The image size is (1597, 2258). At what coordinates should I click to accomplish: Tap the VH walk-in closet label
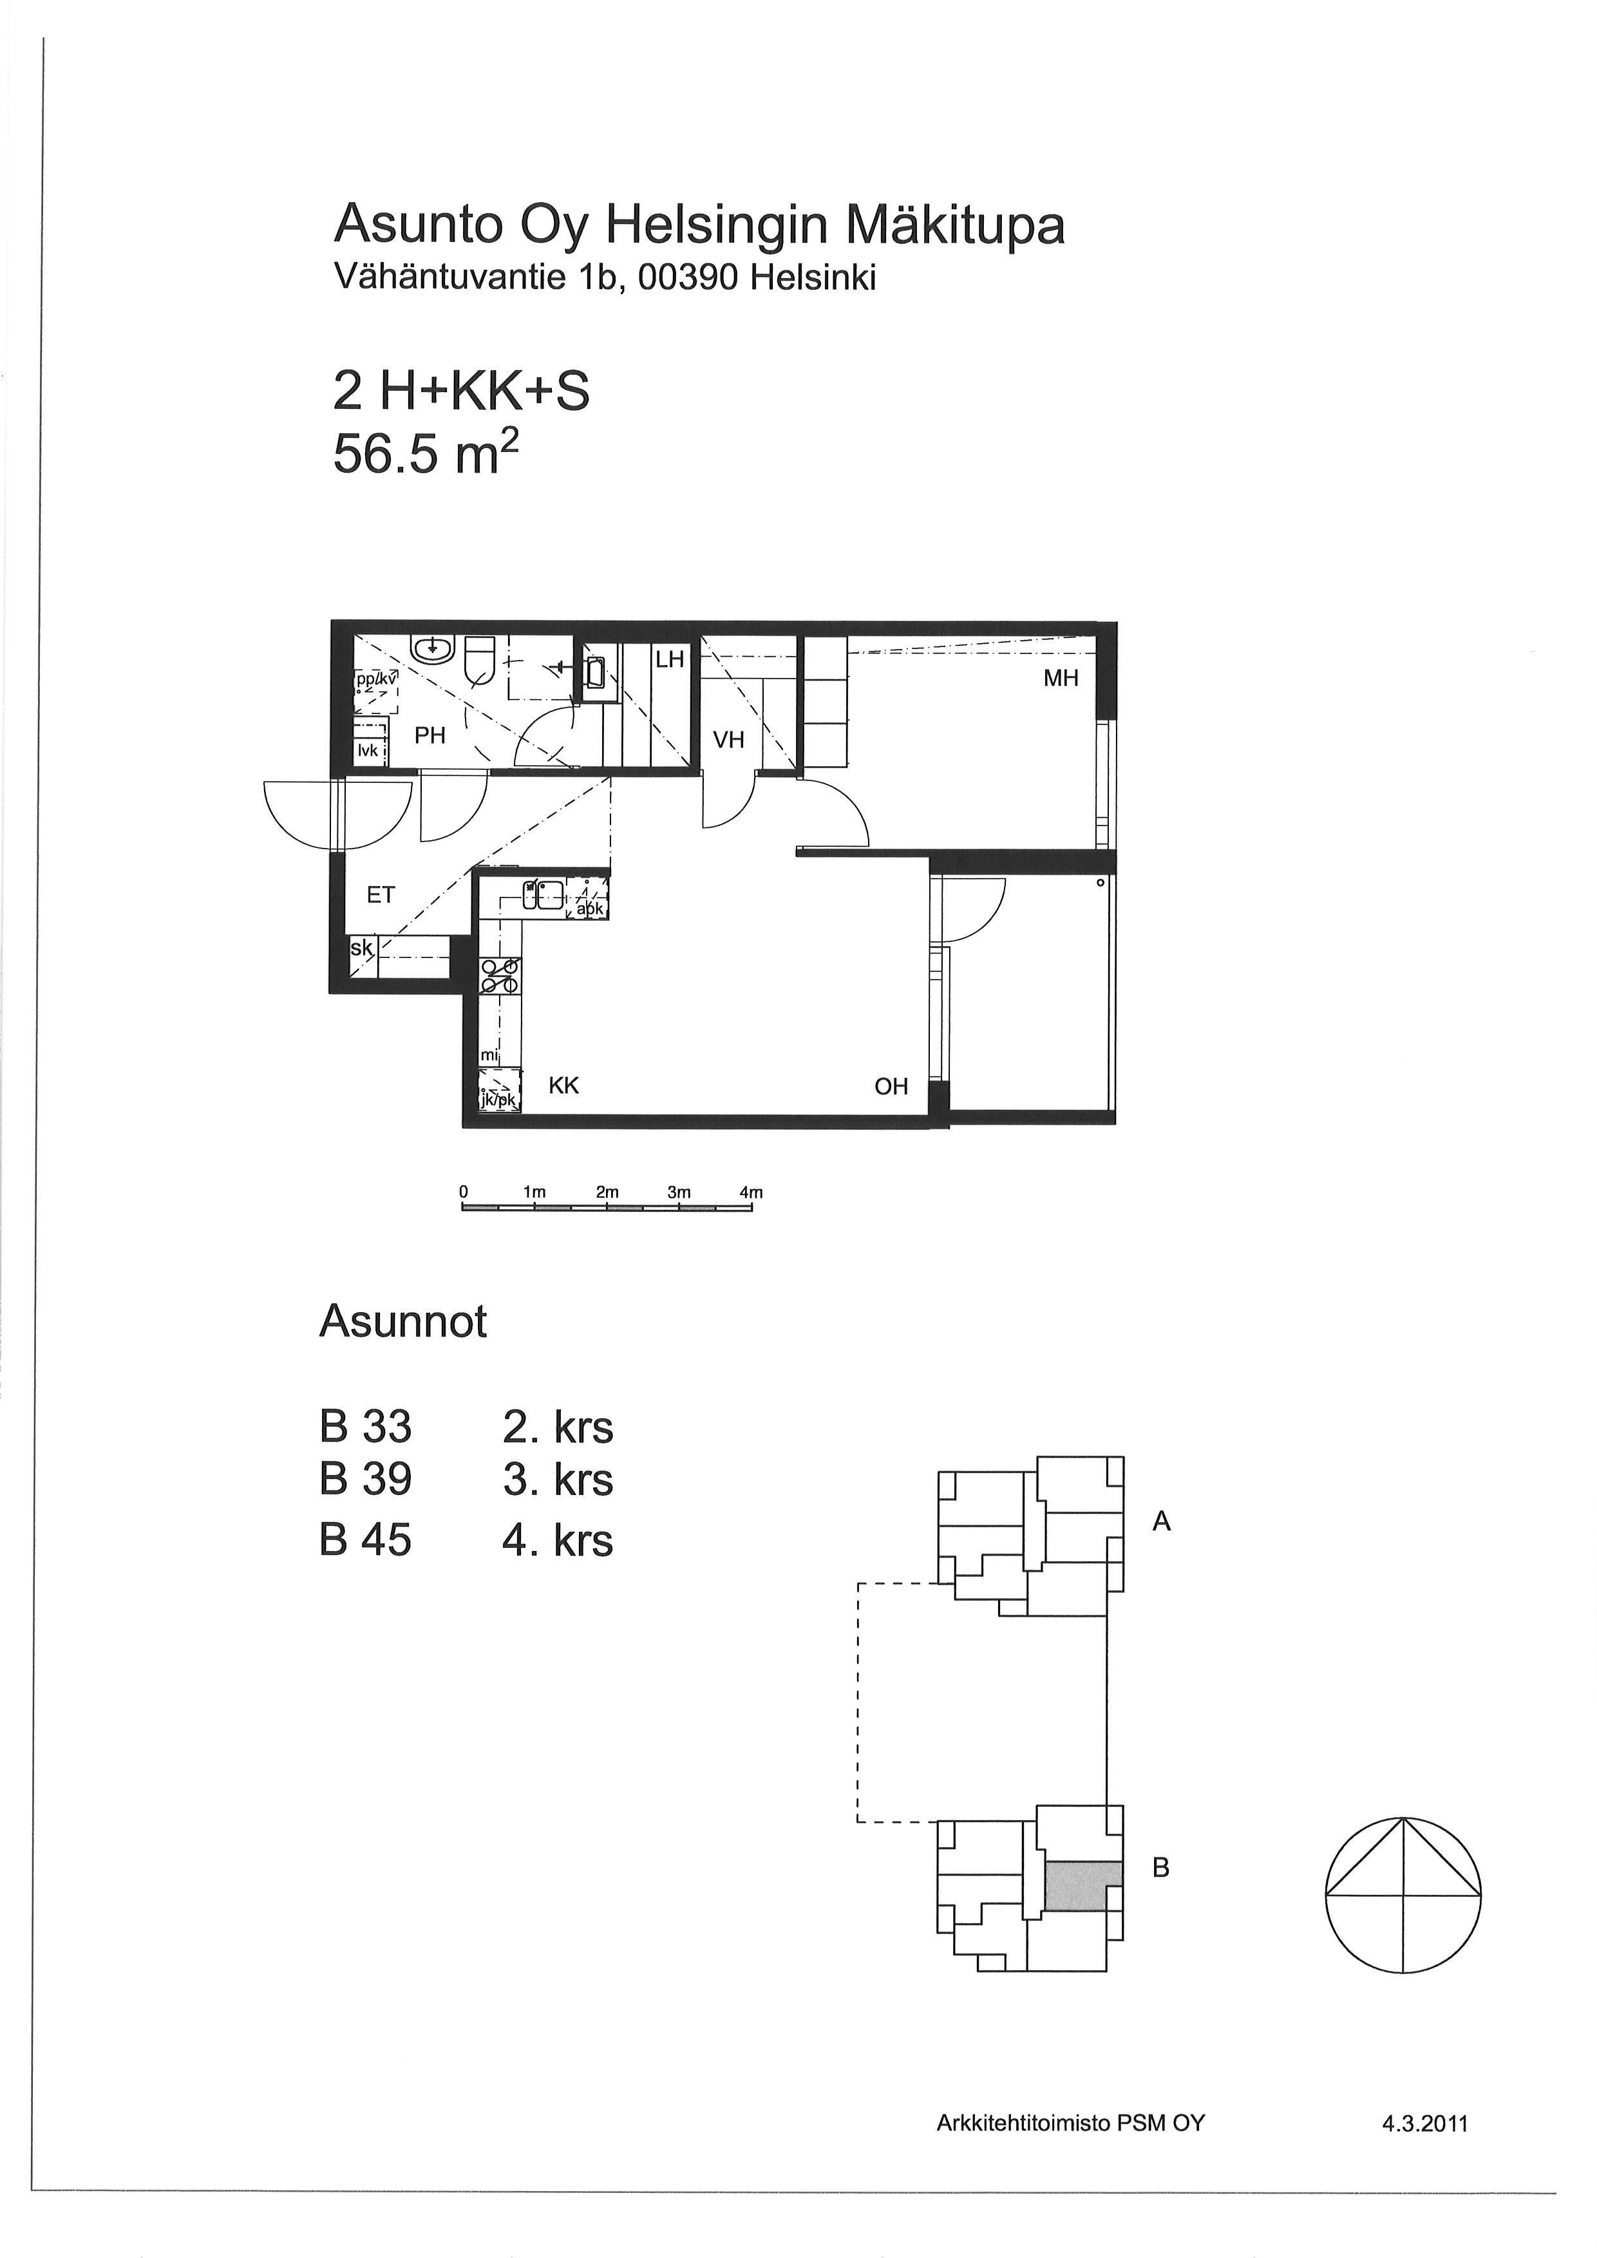[729, 740]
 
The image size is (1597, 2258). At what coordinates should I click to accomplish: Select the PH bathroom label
[430, 735]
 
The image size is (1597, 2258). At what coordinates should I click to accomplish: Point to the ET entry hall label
[381, 895]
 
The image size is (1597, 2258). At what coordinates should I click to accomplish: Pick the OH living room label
[891, 1087]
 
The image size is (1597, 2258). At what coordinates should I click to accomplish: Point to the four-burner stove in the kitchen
[500, 975]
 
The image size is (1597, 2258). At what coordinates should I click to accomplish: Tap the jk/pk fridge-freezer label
[498, 1100]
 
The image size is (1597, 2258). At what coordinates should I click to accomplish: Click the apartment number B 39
[366, 1480]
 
